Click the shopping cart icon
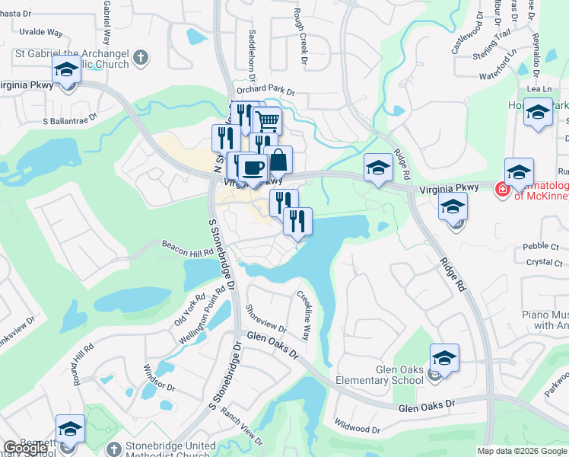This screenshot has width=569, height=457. (x=267, y=120)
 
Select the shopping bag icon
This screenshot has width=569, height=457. (x=278, y=159)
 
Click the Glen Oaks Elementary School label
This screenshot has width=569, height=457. (x=399, y=375)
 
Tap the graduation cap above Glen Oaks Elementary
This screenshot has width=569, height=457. (x=444, y=357)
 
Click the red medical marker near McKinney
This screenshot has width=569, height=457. (x=503, y=189)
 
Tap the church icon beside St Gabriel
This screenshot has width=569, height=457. (x=140, y=57)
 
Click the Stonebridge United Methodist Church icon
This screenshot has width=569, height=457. (x=114, y=449)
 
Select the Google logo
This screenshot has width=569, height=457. (x=25, y=448)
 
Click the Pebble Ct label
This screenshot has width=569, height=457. (x=541, y=247)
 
